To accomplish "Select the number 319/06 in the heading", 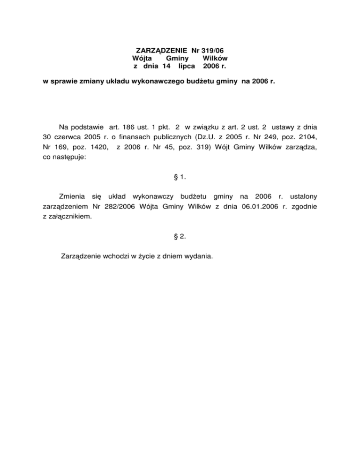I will pyautogui.click(x=215, y=50).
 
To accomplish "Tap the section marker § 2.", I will pyautogui.click(x=180, y=236).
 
